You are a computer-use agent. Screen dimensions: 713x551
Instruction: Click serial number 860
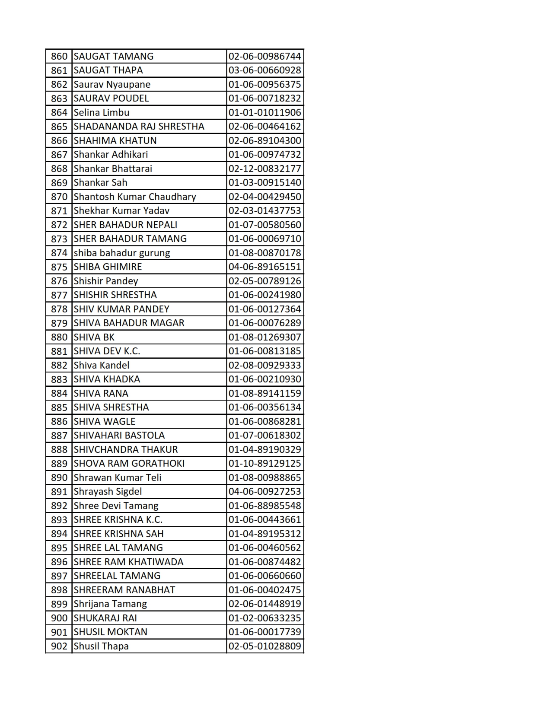(x=59, y=56)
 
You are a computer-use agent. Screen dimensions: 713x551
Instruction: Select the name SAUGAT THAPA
(x=108, y=70)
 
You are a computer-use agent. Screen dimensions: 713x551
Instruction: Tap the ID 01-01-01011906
(x=264, y=112)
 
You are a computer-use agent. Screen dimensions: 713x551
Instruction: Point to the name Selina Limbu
(x=102, y=112)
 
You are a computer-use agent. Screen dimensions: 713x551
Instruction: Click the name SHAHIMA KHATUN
(x=115, y=140)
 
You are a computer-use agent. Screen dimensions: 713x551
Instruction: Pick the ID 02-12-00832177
(x=264, y=169)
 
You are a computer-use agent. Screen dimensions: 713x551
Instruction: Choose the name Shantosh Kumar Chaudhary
(x=135, y=197)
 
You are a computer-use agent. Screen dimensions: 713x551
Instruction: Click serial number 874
(x=59, y=253)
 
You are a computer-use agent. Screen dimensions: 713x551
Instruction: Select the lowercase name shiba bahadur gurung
(x=122, y=253)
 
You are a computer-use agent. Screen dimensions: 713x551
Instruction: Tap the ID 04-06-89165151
(x=264, y=267)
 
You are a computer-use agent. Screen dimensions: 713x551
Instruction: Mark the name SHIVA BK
(x=94, y=337)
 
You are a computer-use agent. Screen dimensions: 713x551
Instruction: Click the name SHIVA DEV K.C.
(x=107, y=351)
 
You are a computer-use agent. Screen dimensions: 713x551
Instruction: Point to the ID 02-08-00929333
(x=264, y=365)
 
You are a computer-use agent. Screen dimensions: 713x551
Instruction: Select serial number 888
(x=59, y=449)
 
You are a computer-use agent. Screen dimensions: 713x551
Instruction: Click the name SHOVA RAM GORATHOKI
(x=129, y=463)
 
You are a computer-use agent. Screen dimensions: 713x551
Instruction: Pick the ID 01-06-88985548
(x=264, y=506)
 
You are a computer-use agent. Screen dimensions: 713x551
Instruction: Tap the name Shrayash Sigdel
(x=108, y=491)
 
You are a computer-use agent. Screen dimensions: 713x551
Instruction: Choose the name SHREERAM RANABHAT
(x=124, y=590)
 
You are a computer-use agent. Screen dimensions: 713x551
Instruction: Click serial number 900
(x=59, y=618)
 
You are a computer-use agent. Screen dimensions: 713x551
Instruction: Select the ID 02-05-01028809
(x=264, y=646)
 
